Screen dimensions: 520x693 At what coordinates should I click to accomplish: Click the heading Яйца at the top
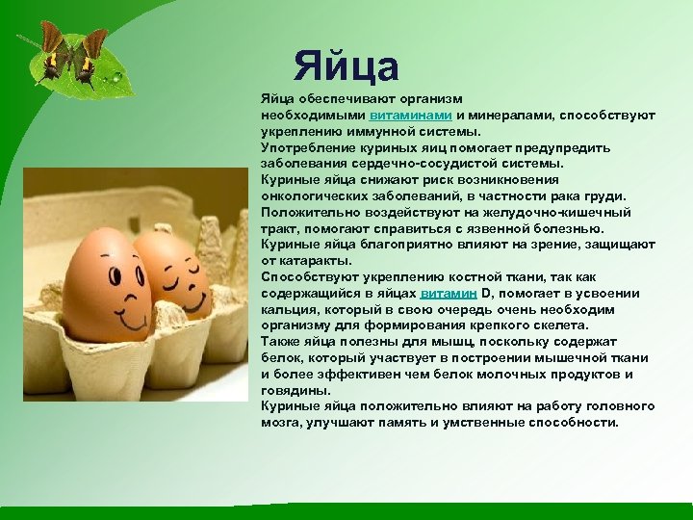pos(346,66)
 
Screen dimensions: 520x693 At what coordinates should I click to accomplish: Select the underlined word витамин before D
pos(449,294)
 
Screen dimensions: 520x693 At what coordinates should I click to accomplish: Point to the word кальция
pos(287,310)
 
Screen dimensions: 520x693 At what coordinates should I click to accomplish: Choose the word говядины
pos(295,391)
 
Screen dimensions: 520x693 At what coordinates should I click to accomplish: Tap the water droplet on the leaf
pos(116,75)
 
